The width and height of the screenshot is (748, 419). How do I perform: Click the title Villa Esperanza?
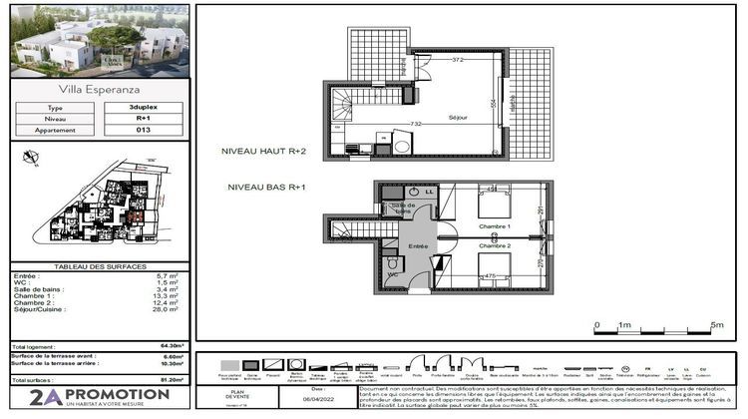[96, 90]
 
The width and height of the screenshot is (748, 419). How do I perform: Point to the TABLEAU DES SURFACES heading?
[96, 266]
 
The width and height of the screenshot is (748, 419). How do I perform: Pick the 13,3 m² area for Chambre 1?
[166, 295]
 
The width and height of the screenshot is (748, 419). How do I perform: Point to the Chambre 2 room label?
[495, 244]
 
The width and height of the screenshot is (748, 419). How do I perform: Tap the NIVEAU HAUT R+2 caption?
[263, 151]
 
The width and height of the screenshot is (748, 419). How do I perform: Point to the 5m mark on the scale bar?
[716, 325]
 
